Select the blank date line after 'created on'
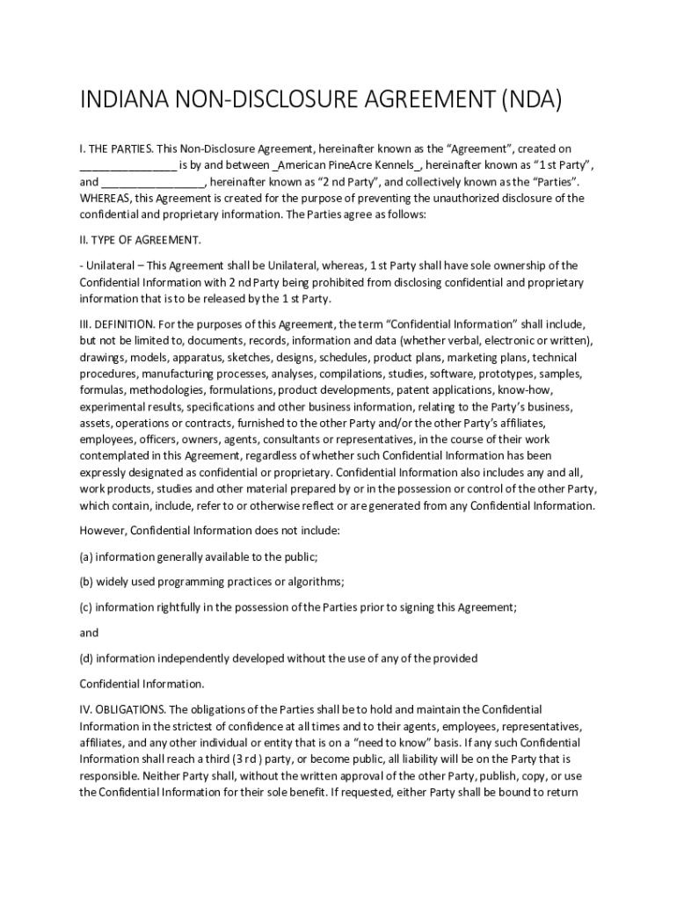pyautogui.click(x=128, y=165)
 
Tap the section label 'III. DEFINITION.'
pyautogui.click(x=120, y=323)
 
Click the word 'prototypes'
pyautogui.click(x=497, y=374)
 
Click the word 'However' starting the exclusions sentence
pyautogui.click(x=104, y=531)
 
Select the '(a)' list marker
pyautogui.click(x=86, y=556)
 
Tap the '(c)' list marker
pyautogui.click(x=86, y=607)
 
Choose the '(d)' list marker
pyautogui.click(x=86, y=658)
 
